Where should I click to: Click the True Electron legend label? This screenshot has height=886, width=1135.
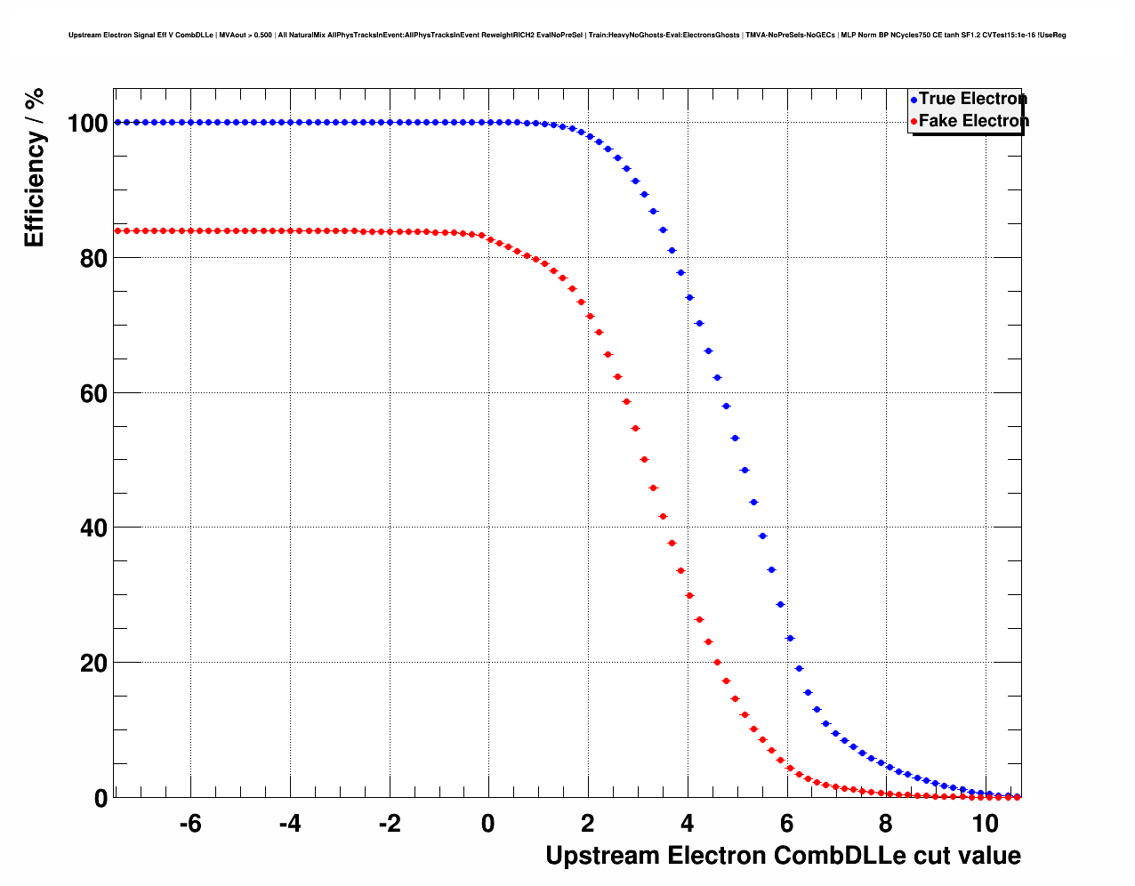coord(972,99)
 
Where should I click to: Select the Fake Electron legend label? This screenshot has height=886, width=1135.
coord(973,121)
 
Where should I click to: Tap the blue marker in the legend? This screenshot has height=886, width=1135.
coord(914,100)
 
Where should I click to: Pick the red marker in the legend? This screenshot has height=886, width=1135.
coord(914,122)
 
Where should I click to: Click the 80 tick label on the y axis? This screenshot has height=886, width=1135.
coord(93,259)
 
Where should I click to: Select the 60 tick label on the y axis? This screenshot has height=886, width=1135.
coord(93,394)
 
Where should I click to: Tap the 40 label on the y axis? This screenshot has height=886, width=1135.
coord(93,528)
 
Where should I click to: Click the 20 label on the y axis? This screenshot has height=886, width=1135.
coord(93,664)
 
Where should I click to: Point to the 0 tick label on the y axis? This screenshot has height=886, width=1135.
coord(101,799)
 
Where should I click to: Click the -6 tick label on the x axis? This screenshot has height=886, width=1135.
coord(189,825)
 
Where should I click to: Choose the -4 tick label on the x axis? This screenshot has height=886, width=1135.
coord(289,825)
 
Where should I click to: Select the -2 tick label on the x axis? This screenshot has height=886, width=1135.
coord(389,825)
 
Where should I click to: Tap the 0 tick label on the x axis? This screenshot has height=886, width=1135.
coord(487,825)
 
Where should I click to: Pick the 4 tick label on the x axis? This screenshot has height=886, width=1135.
coord(687,825)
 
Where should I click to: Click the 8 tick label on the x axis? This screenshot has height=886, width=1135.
coord(886,825)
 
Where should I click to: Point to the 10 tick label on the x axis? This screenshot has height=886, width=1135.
coord(985,825)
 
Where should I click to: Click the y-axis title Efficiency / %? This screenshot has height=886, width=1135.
coord(35,167)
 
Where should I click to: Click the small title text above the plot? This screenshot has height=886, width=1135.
coord(567,36)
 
